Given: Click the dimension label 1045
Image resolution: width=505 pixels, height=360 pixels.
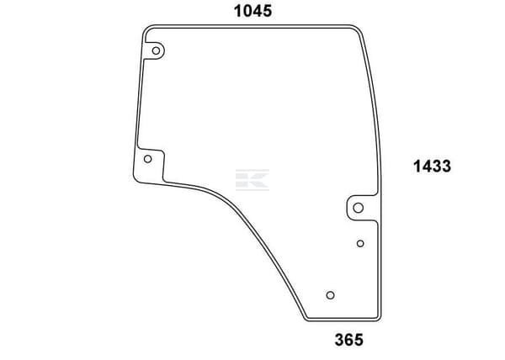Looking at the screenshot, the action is coord(252,11).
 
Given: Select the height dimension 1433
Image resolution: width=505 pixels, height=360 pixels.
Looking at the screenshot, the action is coord(433,167).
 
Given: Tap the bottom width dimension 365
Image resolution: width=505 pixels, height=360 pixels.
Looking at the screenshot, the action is coord(349,340).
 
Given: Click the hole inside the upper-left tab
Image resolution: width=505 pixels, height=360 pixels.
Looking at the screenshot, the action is coord(156,50).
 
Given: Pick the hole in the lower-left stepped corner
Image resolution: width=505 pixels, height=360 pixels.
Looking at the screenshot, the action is coord(147,159).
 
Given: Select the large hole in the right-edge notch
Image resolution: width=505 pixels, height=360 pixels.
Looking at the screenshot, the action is coord(359,208).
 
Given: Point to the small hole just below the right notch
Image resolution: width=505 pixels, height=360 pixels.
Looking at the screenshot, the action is coord(360,244).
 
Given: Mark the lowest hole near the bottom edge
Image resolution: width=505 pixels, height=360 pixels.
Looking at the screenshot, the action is coord(330,295).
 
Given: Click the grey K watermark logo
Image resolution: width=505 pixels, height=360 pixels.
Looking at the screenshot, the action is coord(252,179).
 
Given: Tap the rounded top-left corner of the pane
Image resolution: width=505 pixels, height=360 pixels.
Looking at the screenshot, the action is coord(146,29).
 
